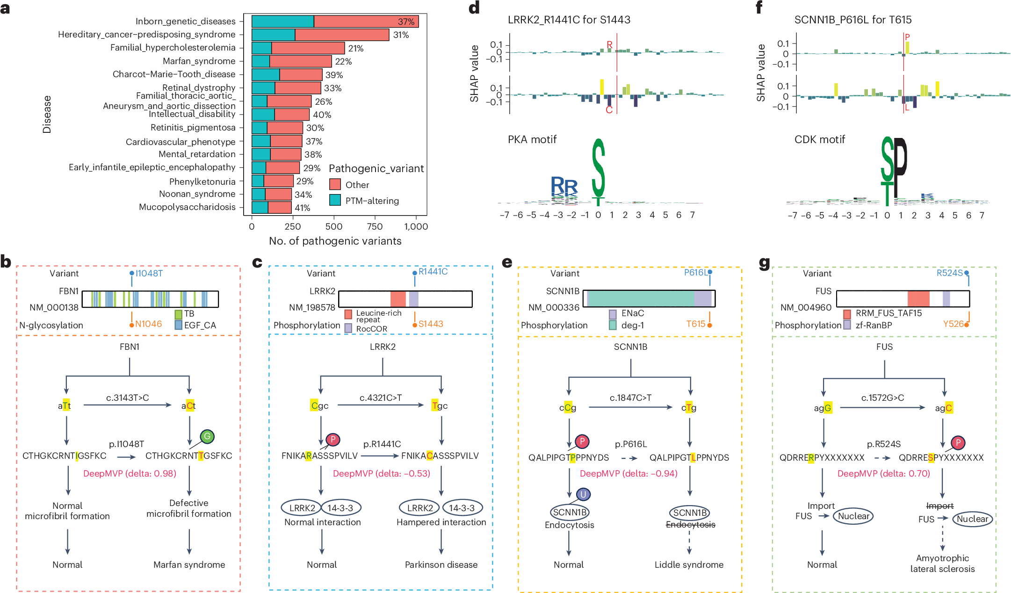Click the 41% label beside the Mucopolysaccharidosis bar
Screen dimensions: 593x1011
(x=303, y=208)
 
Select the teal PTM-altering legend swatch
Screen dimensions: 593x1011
(x=335, y=200)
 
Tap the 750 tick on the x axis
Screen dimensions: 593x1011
(x=375, y=227)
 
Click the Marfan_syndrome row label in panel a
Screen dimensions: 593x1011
(x=199, y=61)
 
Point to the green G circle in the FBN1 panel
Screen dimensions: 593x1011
(x=207, y=437)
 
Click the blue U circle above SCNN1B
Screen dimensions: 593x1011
(x=583, y=494)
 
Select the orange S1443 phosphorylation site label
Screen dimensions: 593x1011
(x=430, y=324)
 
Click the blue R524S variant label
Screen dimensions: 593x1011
(x=949, y=273)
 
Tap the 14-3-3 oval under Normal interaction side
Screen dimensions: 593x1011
(x=340, y=508)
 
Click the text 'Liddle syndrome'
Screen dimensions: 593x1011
(x=689, y=564)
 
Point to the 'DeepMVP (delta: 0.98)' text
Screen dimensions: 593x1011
(x=130, y=473)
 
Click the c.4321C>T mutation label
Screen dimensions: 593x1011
(x=380, y=398)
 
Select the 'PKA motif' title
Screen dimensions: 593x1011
(x=532, y=139)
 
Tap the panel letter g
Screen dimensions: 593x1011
(x=764, y=263)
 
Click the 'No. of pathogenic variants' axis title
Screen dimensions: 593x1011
(x=335, y=241)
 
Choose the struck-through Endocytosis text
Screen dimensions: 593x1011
(x=690, y=525)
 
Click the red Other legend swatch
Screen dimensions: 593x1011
(x=335, y=184)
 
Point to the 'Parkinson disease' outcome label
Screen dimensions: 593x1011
(x=441, y=564)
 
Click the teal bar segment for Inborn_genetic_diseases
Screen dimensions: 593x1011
(x=282, y=22)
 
